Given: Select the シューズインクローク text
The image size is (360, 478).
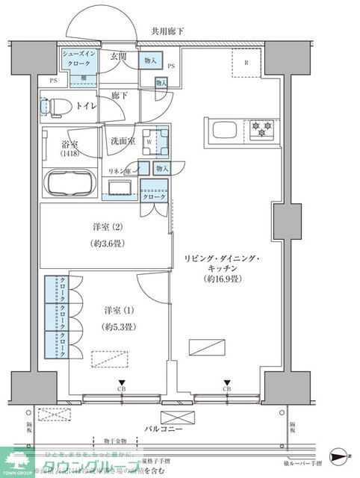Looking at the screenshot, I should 78,60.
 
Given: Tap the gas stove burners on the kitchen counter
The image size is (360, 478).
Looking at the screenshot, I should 262,128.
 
